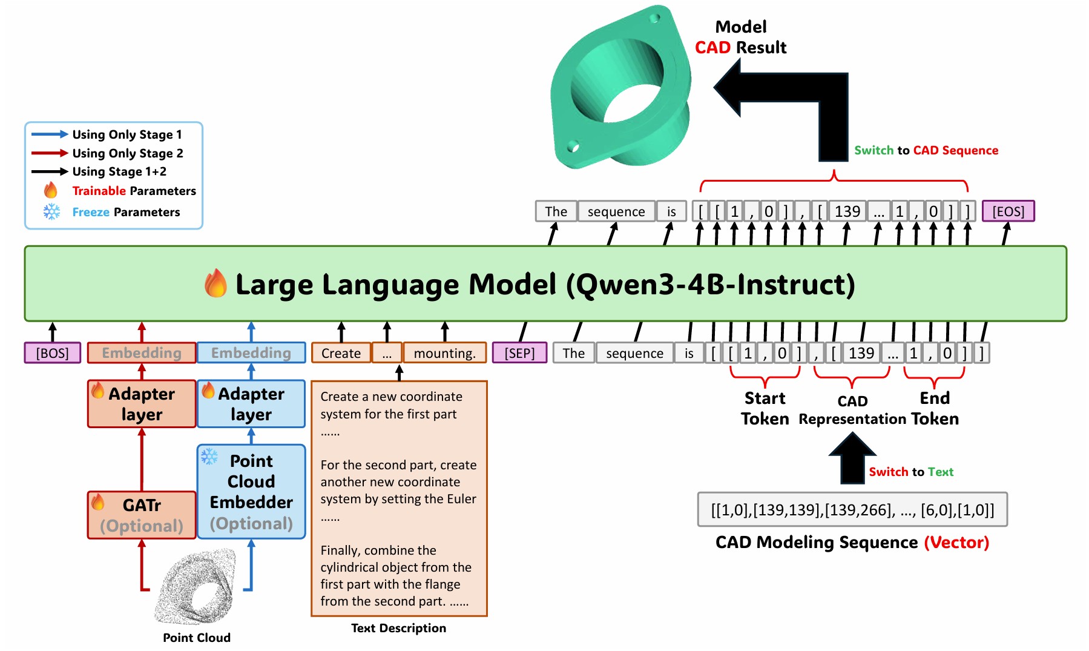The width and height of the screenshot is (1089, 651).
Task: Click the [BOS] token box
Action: coord(53,353)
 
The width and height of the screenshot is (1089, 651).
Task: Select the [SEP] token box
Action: coord(519,353)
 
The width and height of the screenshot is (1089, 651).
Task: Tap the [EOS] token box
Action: coord(1008,211)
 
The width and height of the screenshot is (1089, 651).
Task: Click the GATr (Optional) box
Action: coord(142,515)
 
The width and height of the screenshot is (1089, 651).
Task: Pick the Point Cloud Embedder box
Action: coord(251,492)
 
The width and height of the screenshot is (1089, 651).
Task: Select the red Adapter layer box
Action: coord(142,404)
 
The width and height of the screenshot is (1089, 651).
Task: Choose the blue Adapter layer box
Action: coord(251,404)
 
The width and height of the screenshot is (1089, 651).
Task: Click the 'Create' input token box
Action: coord(341,353)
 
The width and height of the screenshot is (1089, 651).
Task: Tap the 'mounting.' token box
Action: coord(445,353)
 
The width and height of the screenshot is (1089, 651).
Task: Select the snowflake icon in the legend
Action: coord(52,212)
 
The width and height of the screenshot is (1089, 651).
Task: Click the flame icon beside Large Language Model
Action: coord(215,283)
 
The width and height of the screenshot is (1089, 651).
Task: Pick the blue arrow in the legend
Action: coord(50,134)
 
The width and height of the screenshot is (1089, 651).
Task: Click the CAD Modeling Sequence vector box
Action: coord(852,510)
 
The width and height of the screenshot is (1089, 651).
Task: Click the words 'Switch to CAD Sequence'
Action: coord(926,150)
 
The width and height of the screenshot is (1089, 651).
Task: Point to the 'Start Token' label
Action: coord(765,408)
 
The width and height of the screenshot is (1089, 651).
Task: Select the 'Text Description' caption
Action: coord(398,628)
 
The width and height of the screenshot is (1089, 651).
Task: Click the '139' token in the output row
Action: coord(847,211)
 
